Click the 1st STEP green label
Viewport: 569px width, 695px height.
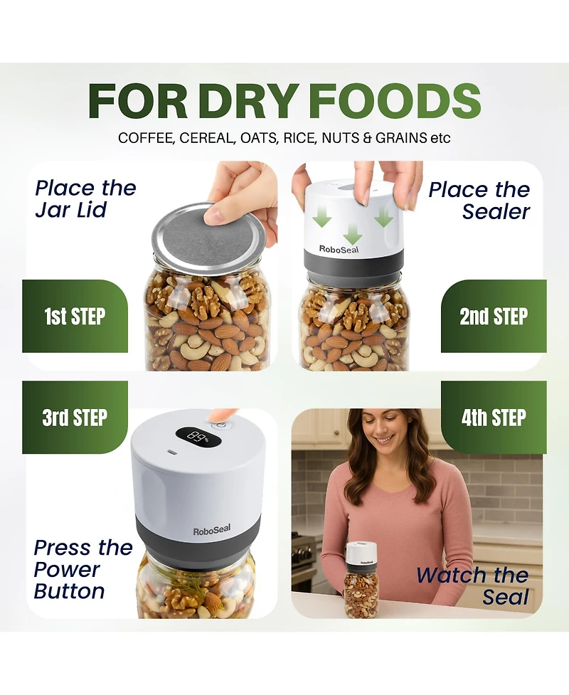(x=75, y=316)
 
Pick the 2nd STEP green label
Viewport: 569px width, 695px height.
(x=494, y=316)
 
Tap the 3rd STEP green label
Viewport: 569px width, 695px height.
(x=75, y=417)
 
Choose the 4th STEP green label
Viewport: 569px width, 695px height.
(x=494, y=417)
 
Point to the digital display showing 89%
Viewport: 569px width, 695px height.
(x=198, y=438)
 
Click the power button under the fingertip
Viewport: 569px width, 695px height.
(x=222, y=425)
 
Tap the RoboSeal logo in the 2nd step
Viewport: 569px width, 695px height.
(x=339, y=249)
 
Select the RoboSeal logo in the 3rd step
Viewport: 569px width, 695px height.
(x=212, y=530)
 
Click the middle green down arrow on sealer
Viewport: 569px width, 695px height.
(x=352, y=233)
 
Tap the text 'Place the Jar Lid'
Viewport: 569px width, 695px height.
(x=85, y=198)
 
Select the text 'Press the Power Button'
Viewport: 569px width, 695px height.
(x=83, y=569)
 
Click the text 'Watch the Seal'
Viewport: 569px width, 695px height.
(x=473, y=586)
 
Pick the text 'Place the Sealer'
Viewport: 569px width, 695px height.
(x=479, y=201)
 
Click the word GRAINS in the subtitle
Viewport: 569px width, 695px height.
(x=401, y=138)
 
